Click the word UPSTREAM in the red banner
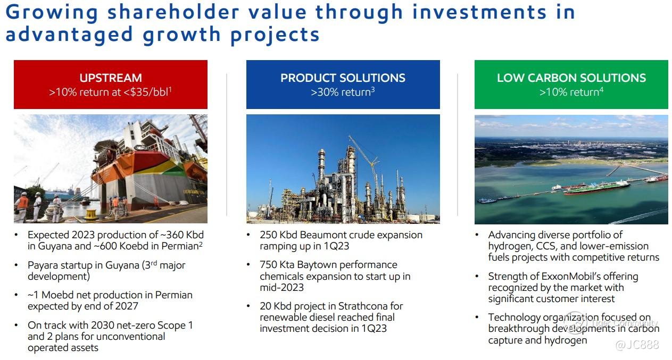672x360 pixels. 110,78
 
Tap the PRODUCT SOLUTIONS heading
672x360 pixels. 343,78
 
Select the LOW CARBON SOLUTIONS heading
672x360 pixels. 571,78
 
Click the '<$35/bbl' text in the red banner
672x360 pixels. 147,91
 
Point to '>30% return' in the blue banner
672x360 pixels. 342,91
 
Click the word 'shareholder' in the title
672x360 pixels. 173,12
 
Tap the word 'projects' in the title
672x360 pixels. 275,35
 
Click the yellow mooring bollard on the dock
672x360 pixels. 90,214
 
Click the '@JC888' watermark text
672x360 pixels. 637,345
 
